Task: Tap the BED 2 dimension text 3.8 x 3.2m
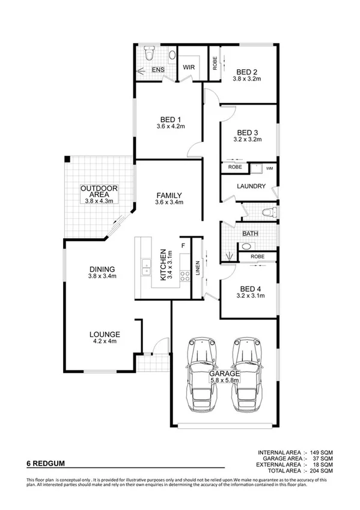(x=248, y=78)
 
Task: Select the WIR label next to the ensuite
(x=189, y=67)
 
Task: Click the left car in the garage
(x=202, y=373)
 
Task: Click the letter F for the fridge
(x=183, y=245)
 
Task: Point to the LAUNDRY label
(x=251, y=186)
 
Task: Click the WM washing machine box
(x=269, y=168)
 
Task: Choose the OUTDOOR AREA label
(x=99, y=192)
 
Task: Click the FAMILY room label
(x=168, y=195)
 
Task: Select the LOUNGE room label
(x=105, y=334)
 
